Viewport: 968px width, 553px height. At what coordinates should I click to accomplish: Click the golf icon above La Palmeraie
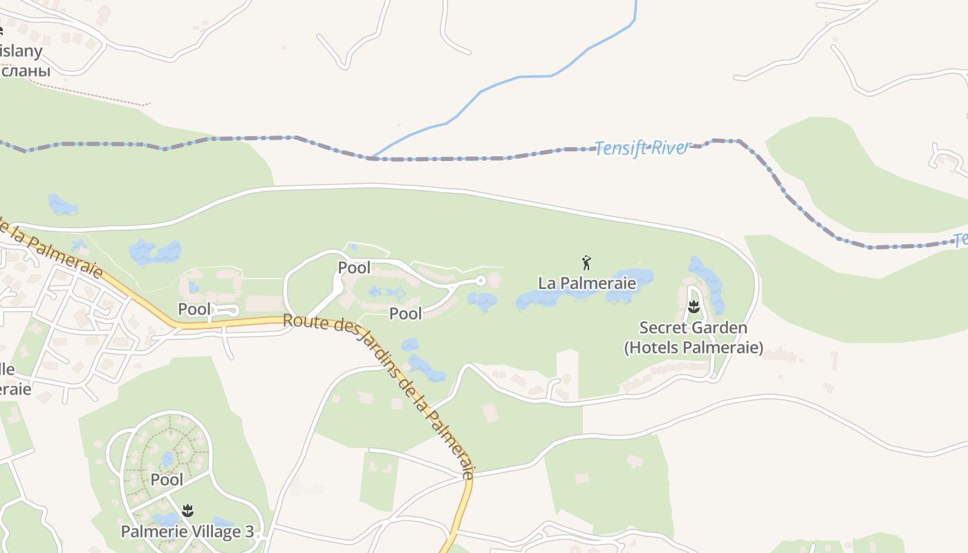[x=586, y=262]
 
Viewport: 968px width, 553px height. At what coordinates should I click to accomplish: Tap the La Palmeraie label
[x=586, y=283]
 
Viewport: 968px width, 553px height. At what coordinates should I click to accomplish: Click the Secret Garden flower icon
[x=694, y=306]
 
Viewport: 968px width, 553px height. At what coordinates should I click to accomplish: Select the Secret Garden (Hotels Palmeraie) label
[x=694, y=337]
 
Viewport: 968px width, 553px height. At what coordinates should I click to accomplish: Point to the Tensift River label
[x=642, y=147]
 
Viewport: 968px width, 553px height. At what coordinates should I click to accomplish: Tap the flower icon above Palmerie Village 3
[x=187, y=511]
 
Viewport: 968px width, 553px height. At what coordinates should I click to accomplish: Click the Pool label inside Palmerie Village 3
[x=167, y=479]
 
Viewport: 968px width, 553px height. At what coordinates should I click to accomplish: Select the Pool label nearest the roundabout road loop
[x=354, y=267]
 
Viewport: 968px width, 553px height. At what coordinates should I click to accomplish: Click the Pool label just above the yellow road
[x=194, y=308]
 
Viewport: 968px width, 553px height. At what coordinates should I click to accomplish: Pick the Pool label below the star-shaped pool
[x=405, y=313]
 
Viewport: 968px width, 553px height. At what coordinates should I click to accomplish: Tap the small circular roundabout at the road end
[x=481, y=280]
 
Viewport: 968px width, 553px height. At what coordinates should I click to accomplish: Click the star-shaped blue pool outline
[x=400, y=292]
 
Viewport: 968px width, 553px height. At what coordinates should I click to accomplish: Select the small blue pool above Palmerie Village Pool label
[x=167, y=459]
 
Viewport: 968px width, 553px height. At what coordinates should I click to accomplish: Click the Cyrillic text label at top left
[x=25, y=71]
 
